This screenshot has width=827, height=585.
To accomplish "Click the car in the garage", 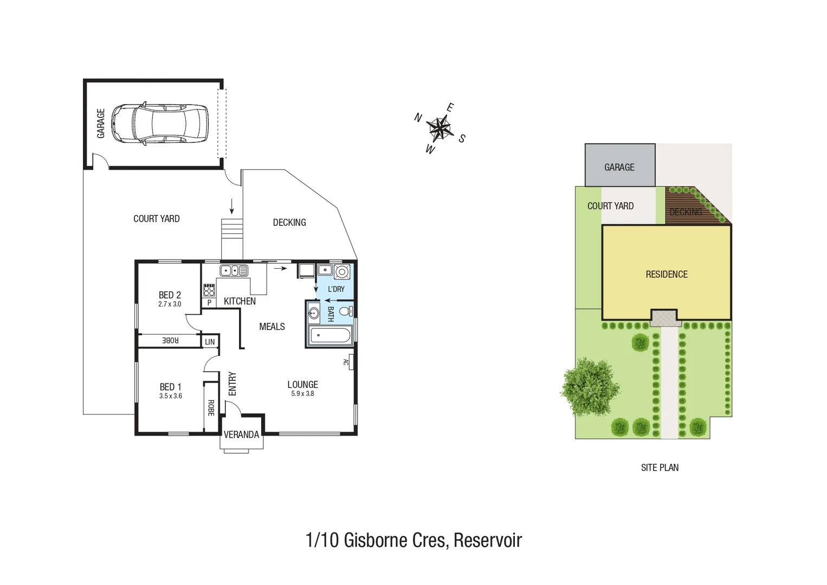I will [160, 124].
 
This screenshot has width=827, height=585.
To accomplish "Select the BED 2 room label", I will [170, 295].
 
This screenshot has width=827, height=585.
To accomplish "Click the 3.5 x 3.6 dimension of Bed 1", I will [170, 396].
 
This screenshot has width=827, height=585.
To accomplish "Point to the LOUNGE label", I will [302, 385].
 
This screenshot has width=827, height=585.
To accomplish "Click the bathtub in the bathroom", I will [330, 336].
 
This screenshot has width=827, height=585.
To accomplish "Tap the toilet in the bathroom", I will [345, 311].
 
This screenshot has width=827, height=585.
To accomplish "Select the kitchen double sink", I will [234, 270].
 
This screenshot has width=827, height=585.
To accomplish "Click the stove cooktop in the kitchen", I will [209, 290].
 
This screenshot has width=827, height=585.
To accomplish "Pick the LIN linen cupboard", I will [210, 342].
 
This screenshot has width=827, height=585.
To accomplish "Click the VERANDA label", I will [241, 434].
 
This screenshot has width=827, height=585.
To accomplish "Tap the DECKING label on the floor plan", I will [289, 223].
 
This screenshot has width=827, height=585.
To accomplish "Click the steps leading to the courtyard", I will [231, 238].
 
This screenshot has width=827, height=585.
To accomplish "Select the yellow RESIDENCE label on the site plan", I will [666, 274].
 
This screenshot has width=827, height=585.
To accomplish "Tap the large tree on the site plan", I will [590, 386].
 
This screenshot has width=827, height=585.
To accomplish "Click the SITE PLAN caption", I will [660, 467].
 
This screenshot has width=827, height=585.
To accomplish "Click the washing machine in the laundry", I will [342, 271].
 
